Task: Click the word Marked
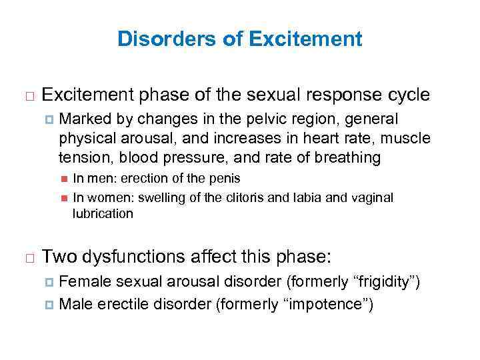pos(83,119)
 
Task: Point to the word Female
pos(81,282)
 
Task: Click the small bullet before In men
pos(64,179)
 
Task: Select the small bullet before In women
pos(64,198)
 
